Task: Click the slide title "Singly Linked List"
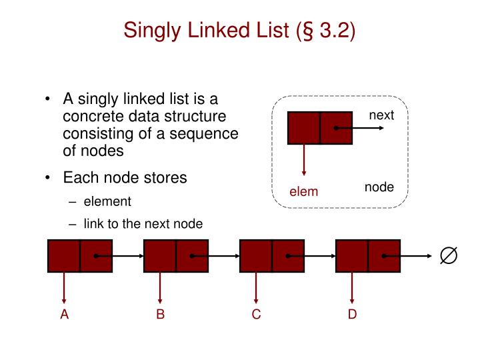point(207,31)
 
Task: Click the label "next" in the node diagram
point(381,115)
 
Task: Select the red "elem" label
point(303,192)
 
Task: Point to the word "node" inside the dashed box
point(379,187)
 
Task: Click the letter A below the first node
point(65,314)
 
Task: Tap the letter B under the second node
point(160,314)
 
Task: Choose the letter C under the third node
point(256,314)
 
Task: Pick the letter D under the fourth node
point(352,314)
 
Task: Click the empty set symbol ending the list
point(449,255)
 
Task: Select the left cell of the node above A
point(64,255)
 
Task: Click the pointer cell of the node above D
point(384,255)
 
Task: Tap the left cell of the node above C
point(256,255)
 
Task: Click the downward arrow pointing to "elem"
point(304,160)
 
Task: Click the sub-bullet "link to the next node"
point(143,224)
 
